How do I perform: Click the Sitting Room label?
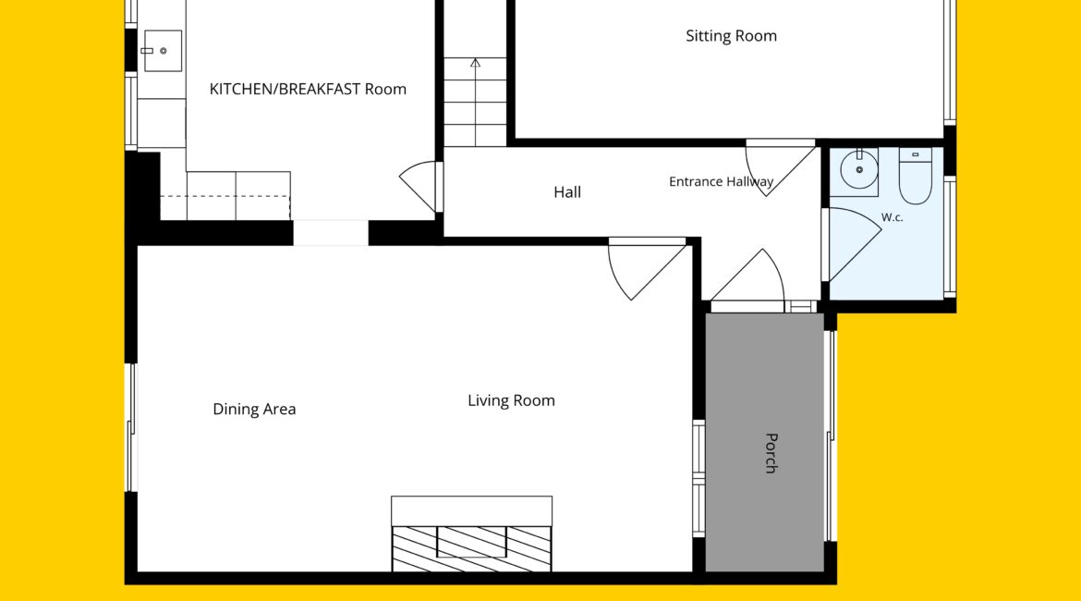731,36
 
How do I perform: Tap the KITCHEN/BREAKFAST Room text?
308,89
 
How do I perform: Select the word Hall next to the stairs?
567,191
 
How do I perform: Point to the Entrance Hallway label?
721,181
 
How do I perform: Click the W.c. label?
893,217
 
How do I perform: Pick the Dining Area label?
254,410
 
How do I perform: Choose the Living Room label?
511,400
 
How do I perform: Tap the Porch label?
771,453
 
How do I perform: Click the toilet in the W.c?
916,176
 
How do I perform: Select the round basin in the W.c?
859,169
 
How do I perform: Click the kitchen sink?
163,50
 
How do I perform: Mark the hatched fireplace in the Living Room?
471,548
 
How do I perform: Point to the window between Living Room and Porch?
698,478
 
